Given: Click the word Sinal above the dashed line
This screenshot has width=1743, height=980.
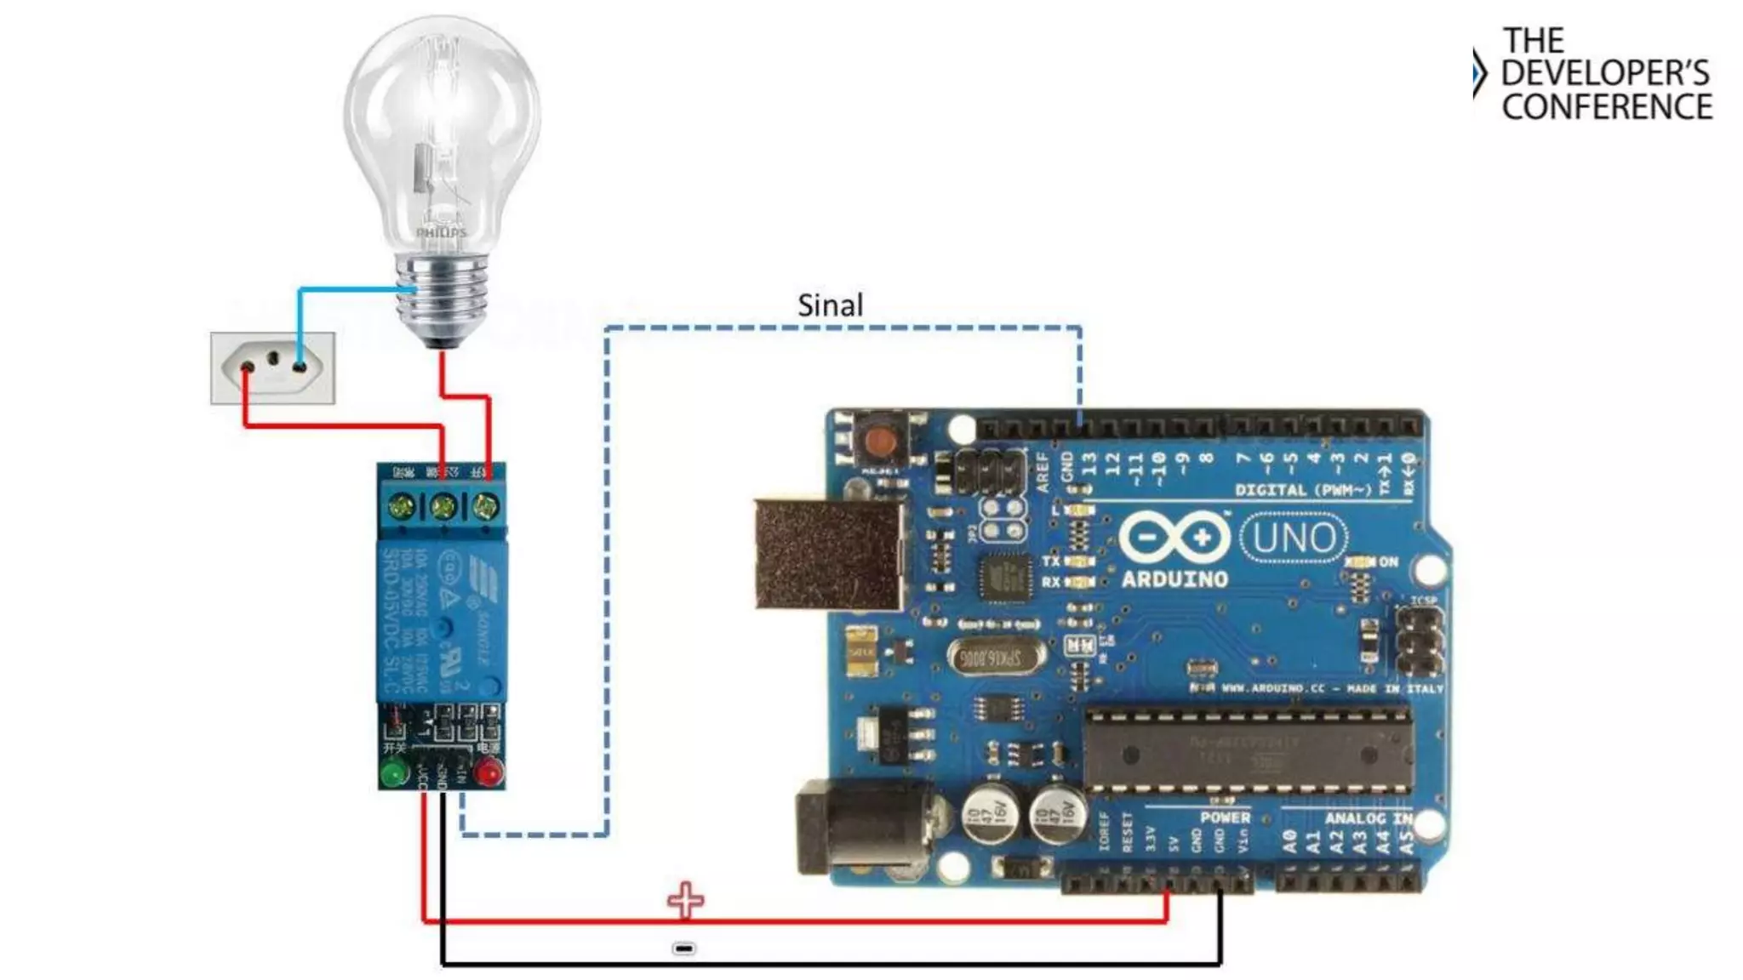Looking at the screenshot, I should pyautogui.click(x=830, y=305).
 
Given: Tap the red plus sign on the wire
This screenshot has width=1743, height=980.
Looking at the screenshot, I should pyautogui.click(x=685, y=900).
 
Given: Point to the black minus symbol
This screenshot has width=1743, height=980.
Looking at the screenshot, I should pyautogui.click(x=684, y=948).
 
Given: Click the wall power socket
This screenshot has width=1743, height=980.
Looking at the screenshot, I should pyautogui.click(x=272, y=367).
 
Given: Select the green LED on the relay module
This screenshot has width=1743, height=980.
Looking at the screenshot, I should pyautogui.click(x=393, y=773).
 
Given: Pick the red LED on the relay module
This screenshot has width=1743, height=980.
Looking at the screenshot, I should pyautogui.click(x=489, y=772).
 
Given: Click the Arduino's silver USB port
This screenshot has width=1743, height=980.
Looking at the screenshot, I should pyautogui.click(x=828, y=554).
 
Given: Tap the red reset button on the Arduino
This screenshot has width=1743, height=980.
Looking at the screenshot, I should pyautogui.click(x=879, y=441).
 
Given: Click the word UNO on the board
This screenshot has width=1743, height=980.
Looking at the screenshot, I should pyautogui.click(x=1294, y=538).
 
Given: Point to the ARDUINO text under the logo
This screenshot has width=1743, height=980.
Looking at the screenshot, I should pyautogui.click(x=1174, y=580).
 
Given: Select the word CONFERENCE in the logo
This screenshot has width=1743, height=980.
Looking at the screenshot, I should pyautogui.click(x=1607, y=107).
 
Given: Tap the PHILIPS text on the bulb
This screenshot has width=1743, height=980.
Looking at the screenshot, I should pyautogui.click(x=441, y=232).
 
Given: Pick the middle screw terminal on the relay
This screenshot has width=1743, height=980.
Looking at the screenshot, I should pyautogui.click(x=443, y=508).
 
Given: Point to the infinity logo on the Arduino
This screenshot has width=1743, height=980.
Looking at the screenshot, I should pyautogui.click(x=1174, y=538).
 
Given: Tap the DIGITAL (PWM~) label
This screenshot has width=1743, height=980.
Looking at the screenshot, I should pyautogui.click(x=1302, y=490).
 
